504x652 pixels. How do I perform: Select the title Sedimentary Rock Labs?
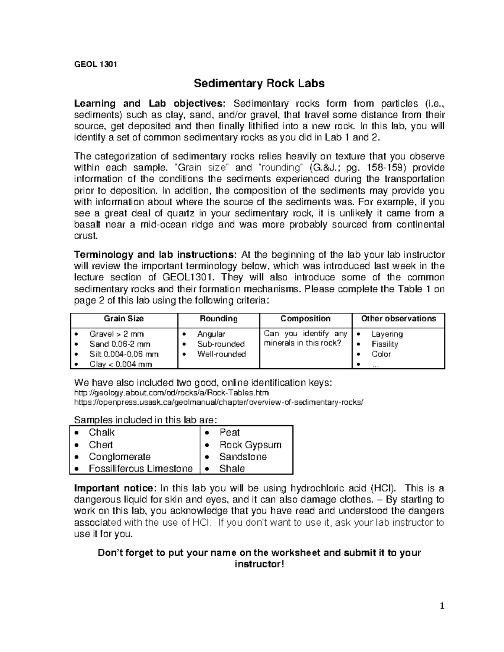point(259,84)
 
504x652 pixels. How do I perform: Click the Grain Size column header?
point(123,319)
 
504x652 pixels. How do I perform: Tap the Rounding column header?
point(218,319)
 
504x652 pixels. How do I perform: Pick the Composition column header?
point(305,319)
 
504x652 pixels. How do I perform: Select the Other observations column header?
point(398,319)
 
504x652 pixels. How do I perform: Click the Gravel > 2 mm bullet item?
point(116,334)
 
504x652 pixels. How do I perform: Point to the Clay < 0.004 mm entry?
point(121,364)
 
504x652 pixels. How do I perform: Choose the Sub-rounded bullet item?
point(221,344)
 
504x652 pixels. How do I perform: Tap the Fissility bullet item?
point(384,344)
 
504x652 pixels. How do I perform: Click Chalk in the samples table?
point(102,432)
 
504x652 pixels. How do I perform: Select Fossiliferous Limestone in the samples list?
point(141,469)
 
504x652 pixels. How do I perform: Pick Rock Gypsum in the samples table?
point(250,445)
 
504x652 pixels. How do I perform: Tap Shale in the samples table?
point(232,469)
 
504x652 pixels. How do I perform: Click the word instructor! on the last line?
point(259,564)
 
